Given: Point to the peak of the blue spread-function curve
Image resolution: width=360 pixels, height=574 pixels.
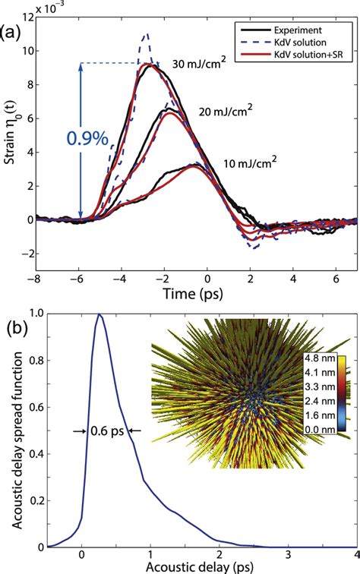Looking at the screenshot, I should [x=99, y=315].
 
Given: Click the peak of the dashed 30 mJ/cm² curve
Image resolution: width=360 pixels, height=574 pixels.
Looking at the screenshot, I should [x=146, y=34].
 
